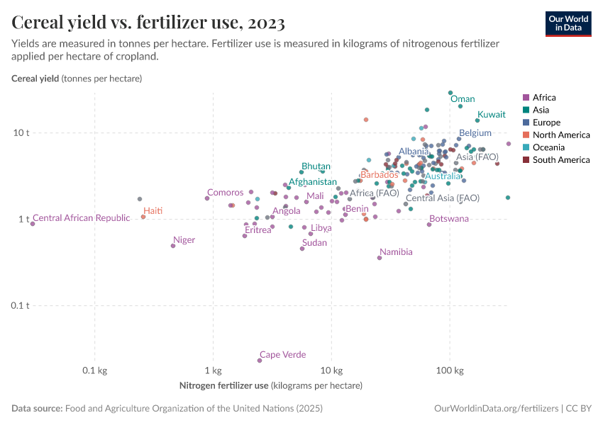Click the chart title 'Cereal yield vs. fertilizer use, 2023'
click(148, 23)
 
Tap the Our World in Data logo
click(568, 23)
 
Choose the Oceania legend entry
click(548, 147)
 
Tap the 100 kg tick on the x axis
click(449, 371)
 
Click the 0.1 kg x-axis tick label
click(94, 371)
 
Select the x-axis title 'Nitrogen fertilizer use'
click(223, 386)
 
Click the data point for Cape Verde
click(260, 361)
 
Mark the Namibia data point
click(380, 258)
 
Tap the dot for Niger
click(173, 246)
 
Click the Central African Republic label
click(82, 218)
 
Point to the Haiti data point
click(143, 217)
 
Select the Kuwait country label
click(491, 115)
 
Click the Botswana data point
click(429, 225)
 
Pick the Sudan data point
click(302, 249)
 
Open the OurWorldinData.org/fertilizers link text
click(496, 409)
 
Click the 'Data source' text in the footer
click(37, 409)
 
